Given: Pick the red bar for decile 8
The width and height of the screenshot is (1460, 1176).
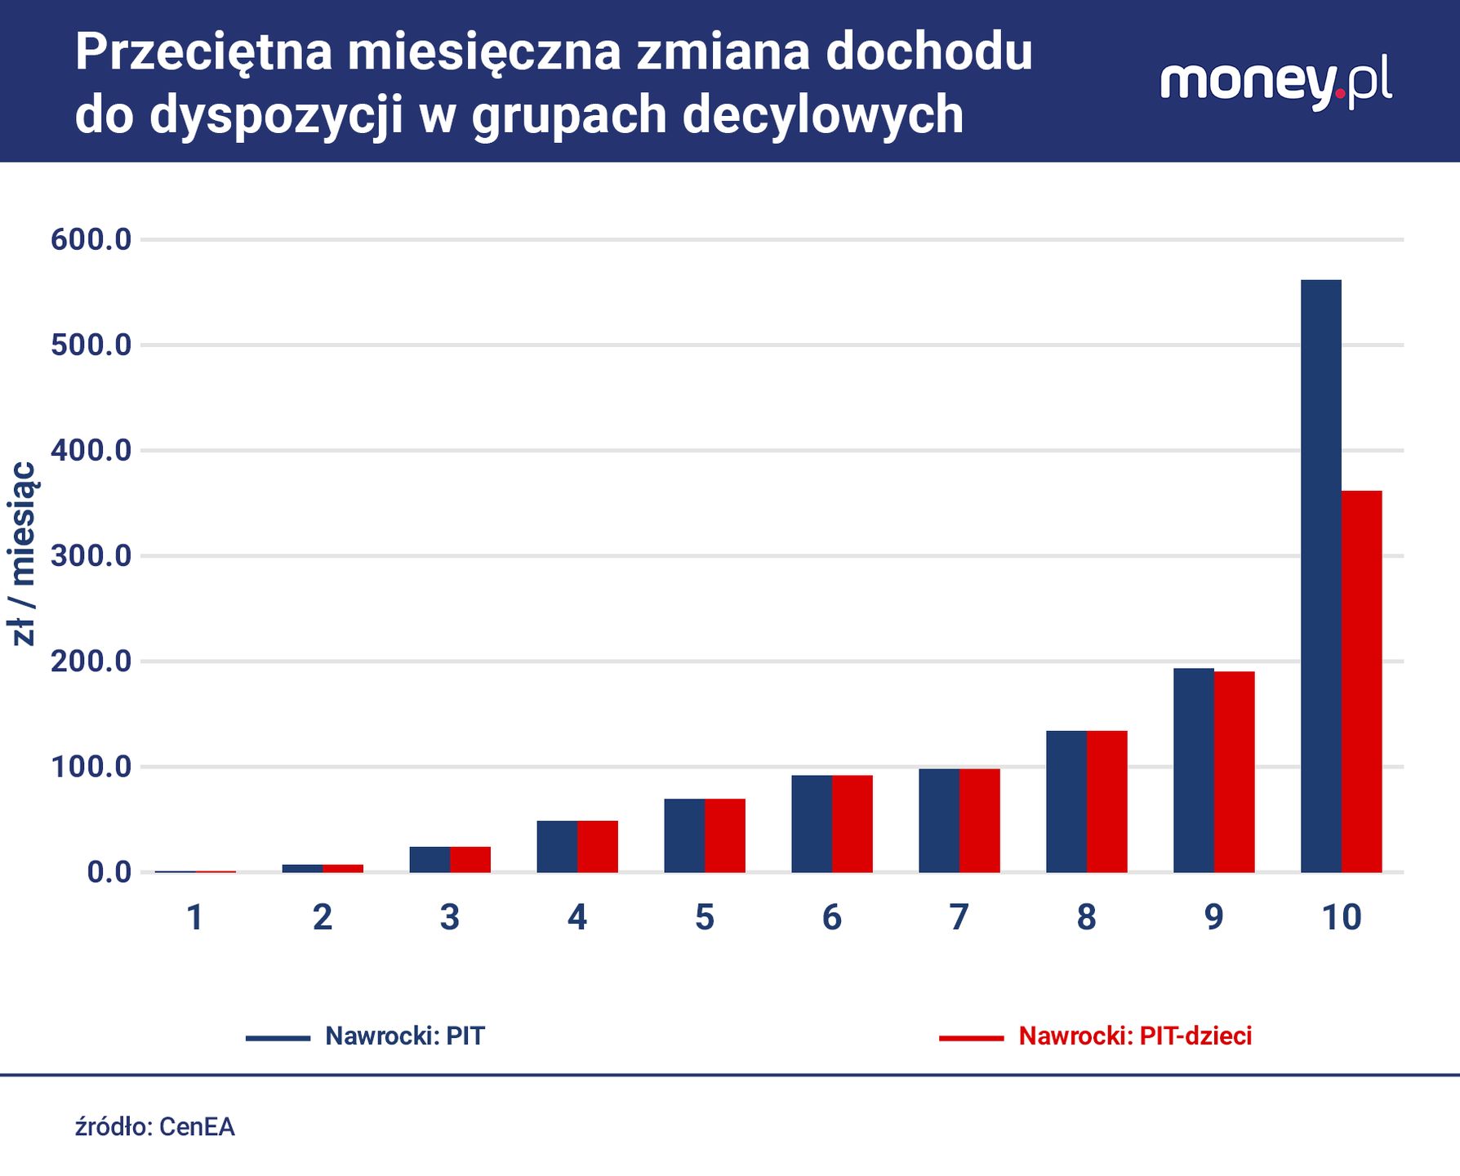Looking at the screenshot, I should click(x=1106, y=801).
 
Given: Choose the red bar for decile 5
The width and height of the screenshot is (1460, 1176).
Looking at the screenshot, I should click(x=724, y=835).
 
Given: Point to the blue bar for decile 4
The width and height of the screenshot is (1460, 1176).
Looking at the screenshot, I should click(x=557, y=846).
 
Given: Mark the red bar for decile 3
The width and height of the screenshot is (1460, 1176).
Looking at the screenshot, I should click(x=470, y=859).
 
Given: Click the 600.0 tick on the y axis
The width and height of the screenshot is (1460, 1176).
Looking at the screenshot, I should click(x=91, y=239).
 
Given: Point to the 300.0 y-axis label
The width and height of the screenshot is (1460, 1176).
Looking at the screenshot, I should click(x=91, y=556).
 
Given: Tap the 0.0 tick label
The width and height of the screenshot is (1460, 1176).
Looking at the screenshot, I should click(x=109, y=872).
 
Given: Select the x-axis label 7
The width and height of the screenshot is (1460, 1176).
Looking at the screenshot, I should click(x=959, y=917).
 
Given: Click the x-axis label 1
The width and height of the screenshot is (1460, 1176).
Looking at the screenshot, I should click(x=194, y=917).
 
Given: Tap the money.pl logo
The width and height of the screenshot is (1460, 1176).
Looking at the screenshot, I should click(x=1275, y=82).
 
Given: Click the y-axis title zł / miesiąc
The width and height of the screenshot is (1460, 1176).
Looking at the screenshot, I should click(x=23, y=554).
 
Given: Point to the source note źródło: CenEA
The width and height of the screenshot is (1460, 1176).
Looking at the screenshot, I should click(x=155, y=1127).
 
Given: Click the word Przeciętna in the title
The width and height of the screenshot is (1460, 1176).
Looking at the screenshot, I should click(x=203, y=52).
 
